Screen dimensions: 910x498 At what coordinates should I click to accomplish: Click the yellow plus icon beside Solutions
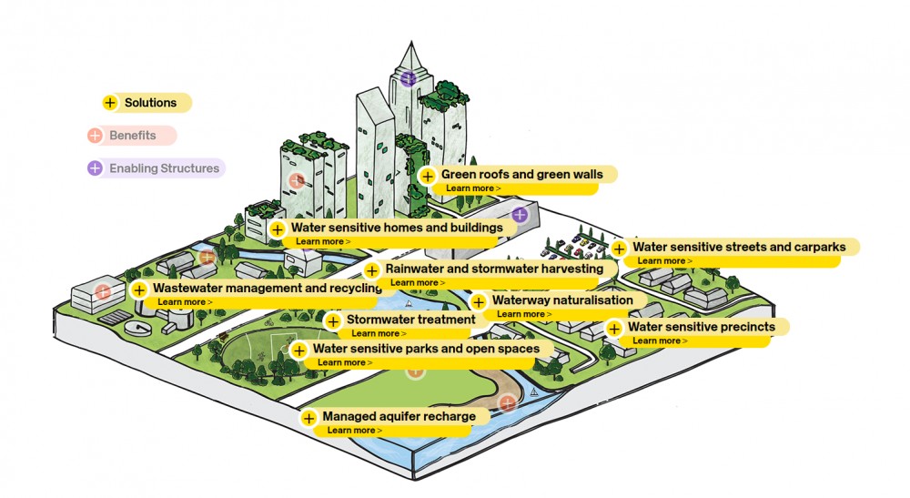click(x=110, y=103)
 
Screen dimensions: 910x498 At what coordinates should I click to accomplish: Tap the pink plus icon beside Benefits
click(x=95, y=136)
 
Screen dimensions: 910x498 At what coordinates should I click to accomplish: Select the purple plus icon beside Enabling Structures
click(x=95, y=168)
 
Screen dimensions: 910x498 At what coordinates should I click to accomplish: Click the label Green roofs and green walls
click(x=521, y=174)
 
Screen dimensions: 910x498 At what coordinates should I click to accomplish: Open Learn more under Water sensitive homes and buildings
click(x=323, y=241)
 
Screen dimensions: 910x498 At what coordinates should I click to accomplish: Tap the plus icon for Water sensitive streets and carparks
click(x=619, y=249)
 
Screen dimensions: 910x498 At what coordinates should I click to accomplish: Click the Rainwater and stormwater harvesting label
click(x=494, y=269)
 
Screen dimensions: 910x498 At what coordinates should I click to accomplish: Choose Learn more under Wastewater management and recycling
click(x=185, y=302)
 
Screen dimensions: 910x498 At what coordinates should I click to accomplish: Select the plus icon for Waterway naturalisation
click(x=479, y=302)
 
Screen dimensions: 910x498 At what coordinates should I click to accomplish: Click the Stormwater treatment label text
click(x=411, y=320)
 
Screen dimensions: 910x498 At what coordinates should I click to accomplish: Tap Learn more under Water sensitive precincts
click(x=659, y=340)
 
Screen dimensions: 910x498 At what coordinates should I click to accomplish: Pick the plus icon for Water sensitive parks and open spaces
click(x=298, y=350)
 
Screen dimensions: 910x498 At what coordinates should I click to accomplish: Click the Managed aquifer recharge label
click(x=399, y=416)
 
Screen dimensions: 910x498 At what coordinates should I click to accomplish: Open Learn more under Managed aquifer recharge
click(x=354, y=430)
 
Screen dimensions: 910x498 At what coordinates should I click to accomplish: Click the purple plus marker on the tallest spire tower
click(x=409, y=77)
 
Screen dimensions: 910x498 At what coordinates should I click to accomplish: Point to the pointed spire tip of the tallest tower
click(x=411, y=42)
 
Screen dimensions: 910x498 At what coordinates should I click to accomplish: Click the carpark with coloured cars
click(x=574, y=246)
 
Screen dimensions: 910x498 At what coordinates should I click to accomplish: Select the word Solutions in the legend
click(x=150, y=103)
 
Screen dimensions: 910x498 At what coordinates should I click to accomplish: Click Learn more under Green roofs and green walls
click(x=473, y=188)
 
